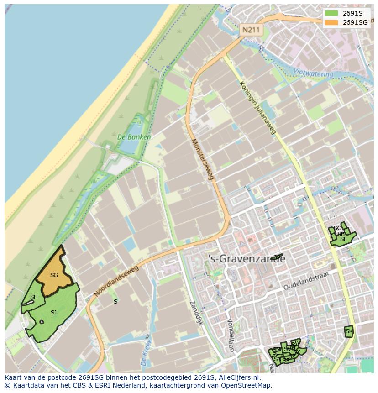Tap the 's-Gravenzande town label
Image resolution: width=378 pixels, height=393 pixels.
247,259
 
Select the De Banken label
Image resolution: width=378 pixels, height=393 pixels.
134,136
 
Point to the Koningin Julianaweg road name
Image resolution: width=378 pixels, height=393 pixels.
258,107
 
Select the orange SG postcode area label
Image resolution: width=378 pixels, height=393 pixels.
54,275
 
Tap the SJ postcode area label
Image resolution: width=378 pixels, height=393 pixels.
53,313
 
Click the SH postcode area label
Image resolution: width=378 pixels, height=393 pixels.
34,297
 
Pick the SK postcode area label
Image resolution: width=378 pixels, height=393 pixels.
349,331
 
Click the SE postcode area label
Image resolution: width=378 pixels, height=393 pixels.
343,239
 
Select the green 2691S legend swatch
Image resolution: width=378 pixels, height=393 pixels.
332,13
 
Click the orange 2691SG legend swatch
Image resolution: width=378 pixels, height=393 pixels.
332,22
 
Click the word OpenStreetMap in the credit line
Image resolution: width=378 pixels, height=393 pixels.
247,385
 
